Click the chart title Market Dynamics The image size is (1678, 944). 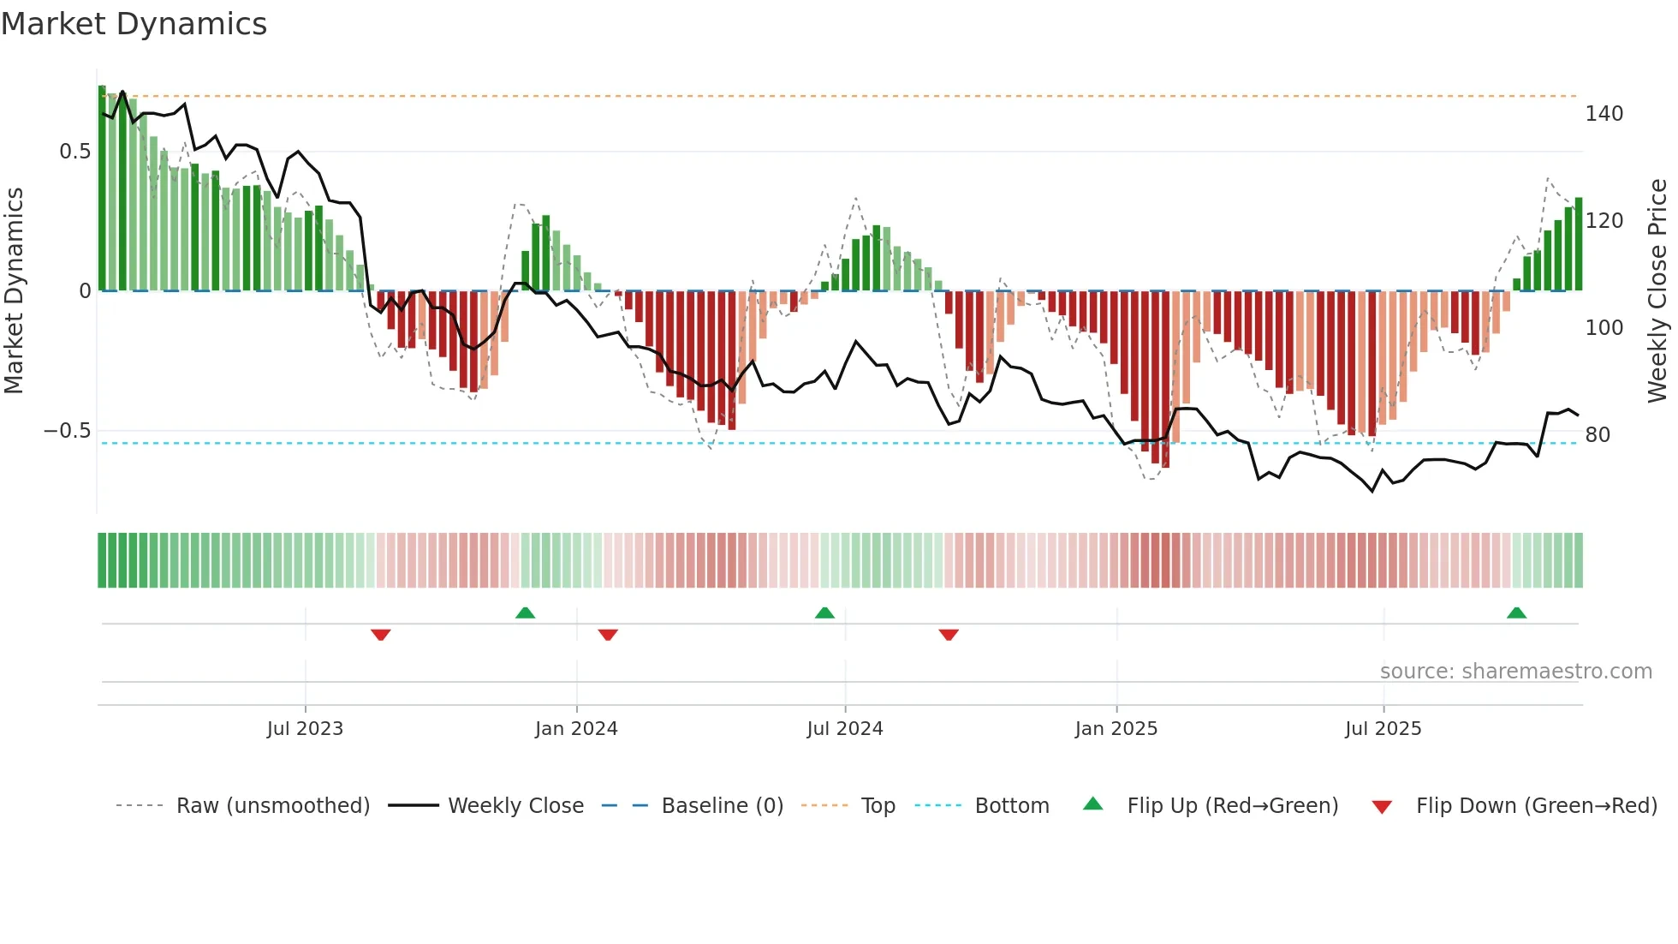click(x=134, y=24)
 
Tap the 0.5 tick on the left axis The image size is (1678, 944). click(x=74, y=152)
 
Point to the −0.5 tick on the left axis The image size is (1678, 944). click(x=68, y=431)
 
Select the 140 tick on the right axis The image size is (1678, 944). click(x=1604, y=114)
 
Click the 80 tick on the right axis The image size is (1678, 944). click(x=1598, y=435)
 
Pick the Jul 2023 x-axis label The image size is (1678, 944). click(x=305, y=729)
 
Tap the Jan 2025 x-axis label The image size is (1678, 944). click(x=1116, y=729)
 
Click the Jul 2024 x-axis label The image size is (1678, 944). click(x=844, y=729)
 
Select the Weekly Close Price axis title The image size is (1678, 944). click(x=1657, y=291)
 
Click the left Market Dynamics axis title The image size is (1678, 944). click(x=14, y=291)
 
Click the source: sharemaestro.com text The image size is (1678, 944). click(x=1515, y=672)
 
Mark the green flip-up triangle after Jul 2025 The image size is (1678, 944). click(x=1516, y=612)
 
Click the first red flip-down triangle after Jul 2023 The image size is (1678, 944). click(x=381, y=635)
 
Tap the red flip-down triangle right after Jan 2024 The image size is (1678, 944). click(x=608, y=635)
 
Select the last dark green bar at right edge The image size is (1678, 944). click(x=1578, y=244)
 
